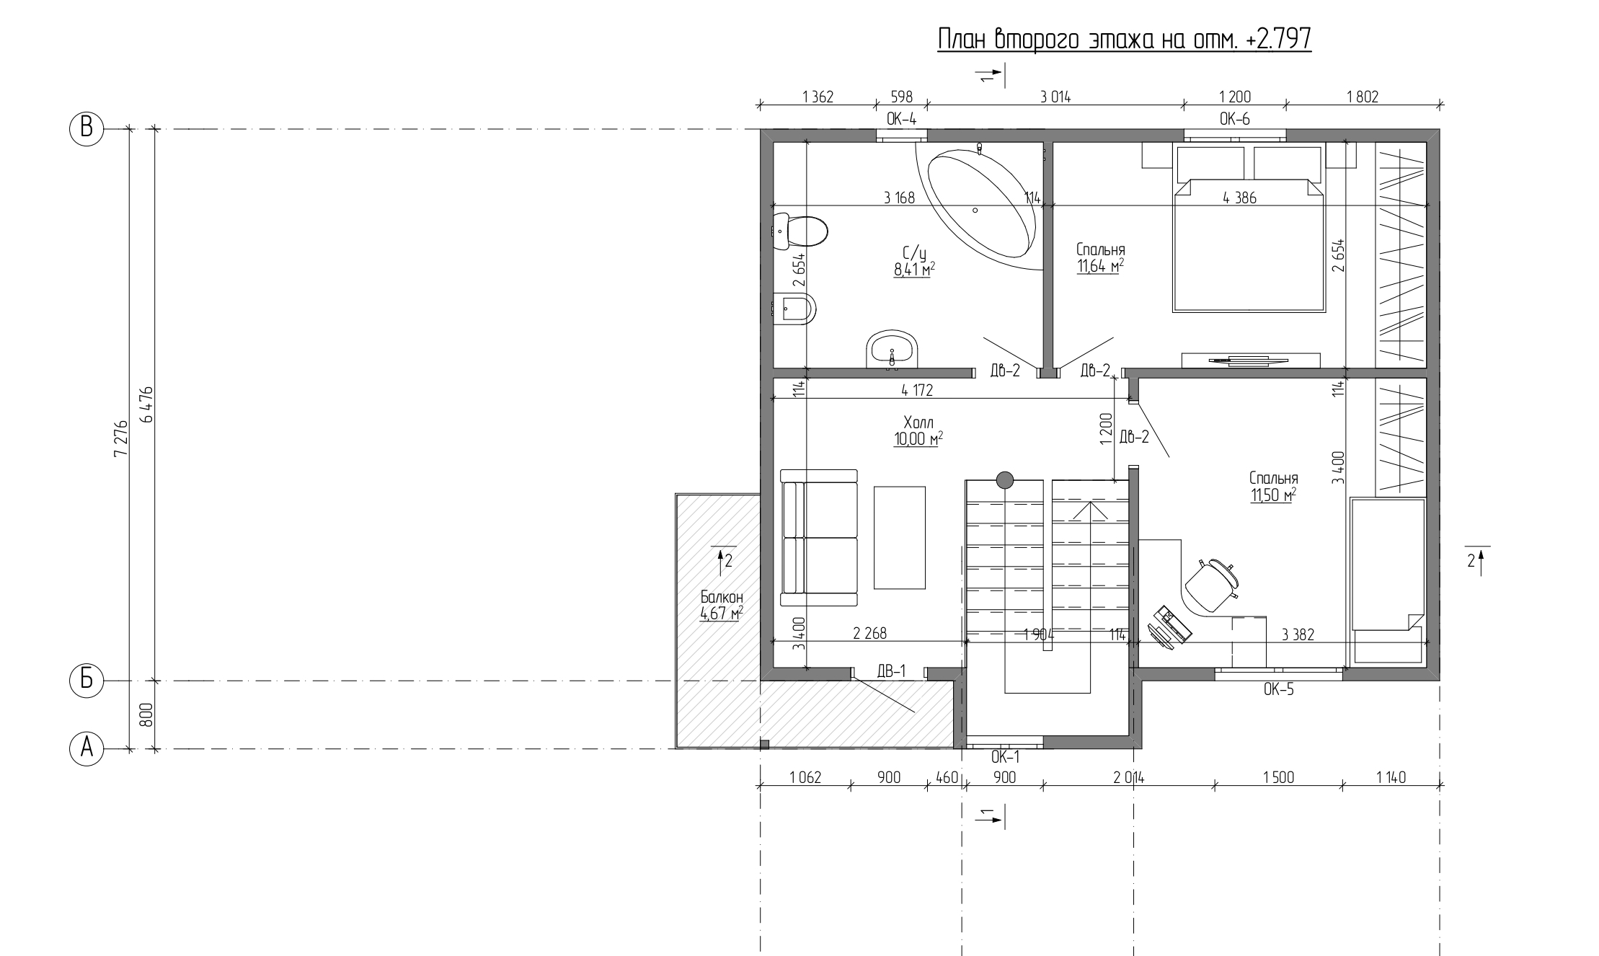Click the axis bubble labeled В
coord(87,130)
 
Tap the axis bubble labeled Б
coord(87,681)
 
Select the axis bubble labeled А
coord(87,749)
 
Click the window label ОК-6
coord(1235,119)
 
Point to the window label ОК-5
coord(1279,689)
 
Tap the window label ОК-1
coord(1005,757)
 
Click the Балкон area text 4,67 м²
coord(722,614)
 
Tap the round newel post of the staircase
coord(1004,479)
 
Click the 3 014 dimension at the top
coord(1055,97)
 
